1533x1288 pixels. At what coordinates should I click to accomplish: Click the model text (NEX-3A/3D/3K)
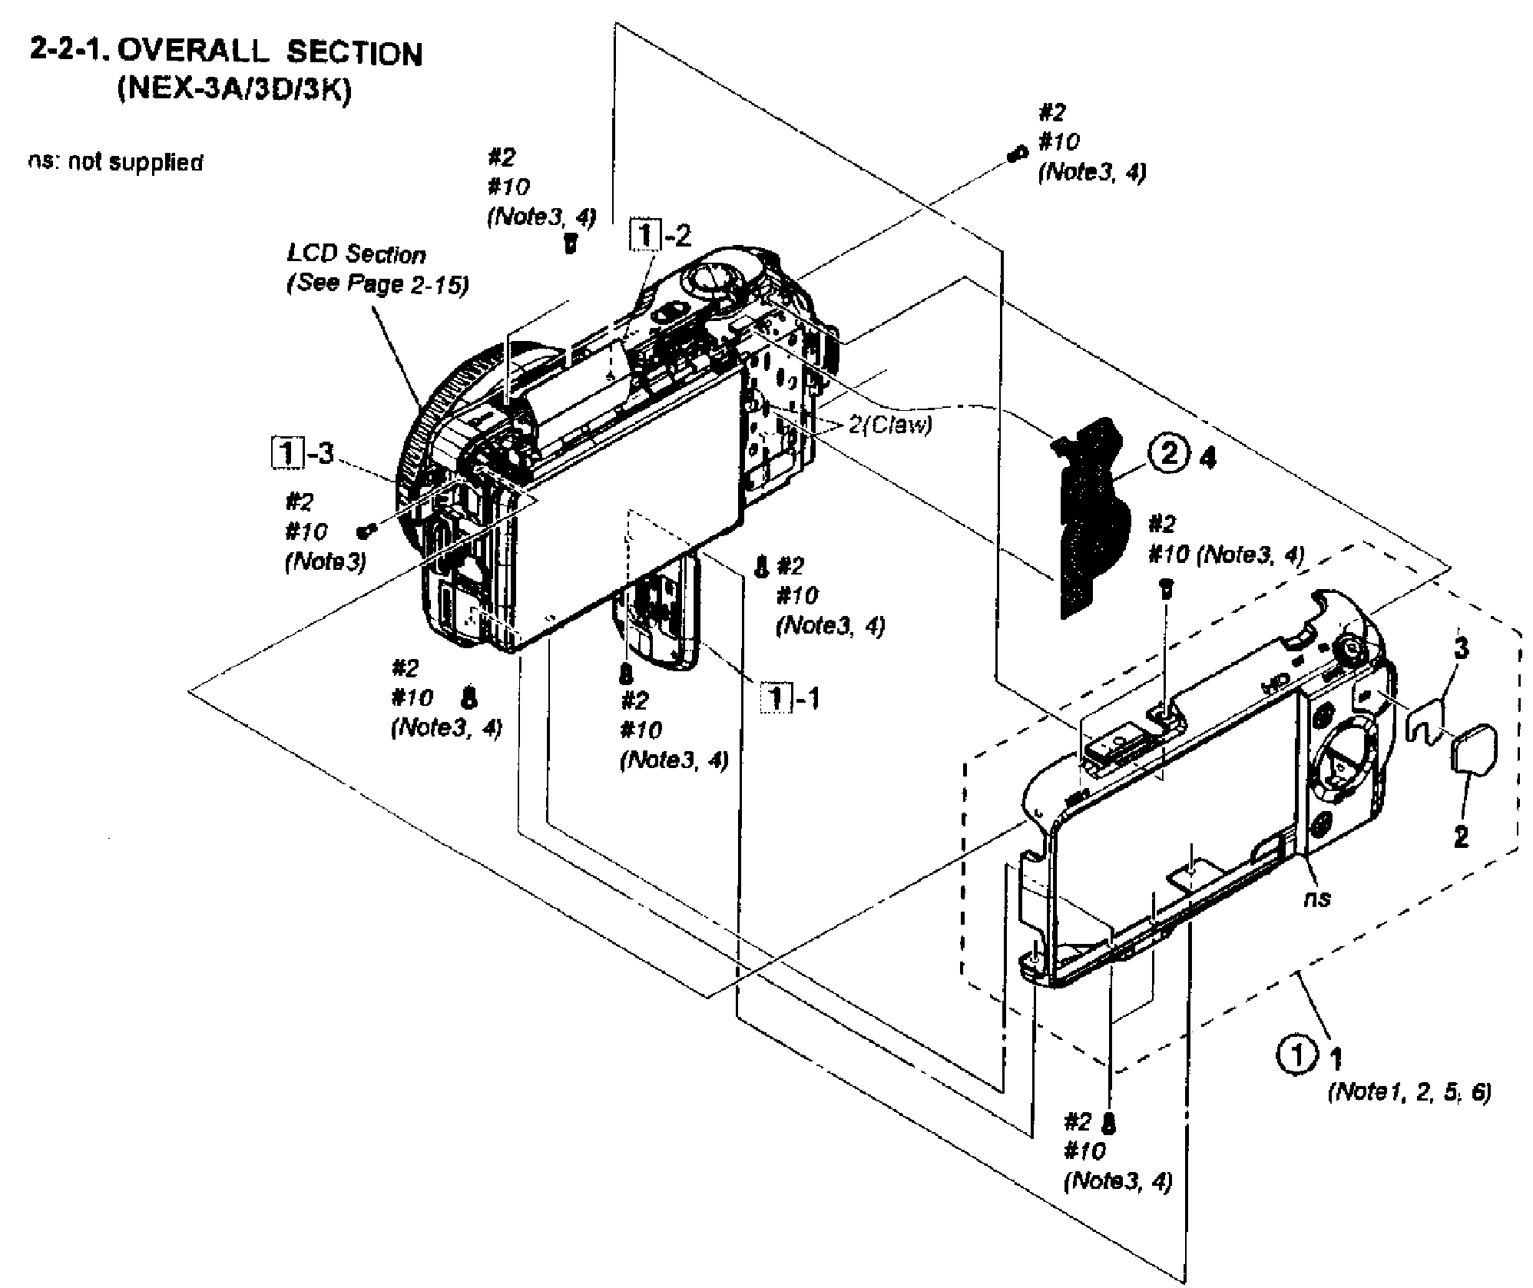coord(234,91)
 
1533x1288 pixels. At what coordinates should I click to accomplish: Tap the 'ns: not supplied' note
coord(115,163)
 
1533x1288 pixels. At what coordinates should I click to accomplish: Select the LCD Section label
coord(356,254)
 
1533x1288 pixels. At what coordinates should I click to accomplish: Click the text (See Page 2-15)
coord(377,284)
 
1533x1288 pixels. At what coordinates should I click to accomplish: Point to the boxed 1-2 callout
coord(660,236)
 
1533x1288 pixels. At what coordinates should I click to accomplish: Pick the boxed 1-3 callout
coord(304,453)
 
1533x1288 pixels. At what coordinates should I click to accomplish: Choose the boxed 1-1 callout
coord(790,698)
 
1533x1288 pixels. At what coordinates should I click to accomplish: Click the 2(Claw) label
coord(891,425)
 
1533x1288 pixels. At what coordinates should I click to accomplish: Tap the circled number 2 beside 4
coord(1167,455)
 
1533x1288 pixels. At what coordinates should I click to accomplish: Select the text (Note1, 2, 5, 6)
coord(1409,1092)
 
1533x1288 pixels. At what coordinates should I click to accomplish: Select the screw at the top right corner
coord(1017,154)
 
